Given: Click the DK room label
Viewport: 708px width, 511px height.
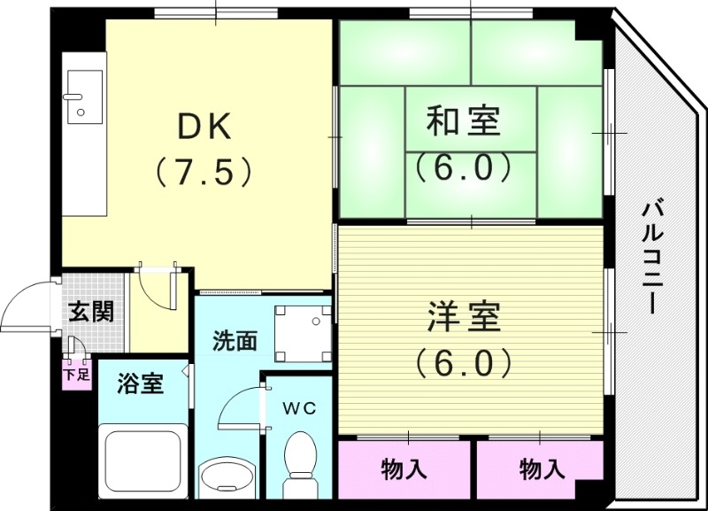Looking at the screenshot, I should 204,128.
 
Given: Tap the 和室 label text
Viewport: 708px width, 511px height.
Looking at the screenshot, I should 464,121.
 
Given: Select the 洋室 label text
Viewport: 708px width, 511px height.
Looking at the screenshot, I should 464,316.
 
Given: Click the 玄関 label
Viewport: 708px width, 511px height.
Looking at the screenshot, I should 91,312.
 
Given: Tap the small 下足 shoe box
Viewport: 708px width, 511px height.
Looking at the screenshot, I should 76,373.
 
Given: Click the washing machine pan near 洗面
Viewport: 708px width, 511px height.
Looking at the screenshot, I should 302,333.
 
